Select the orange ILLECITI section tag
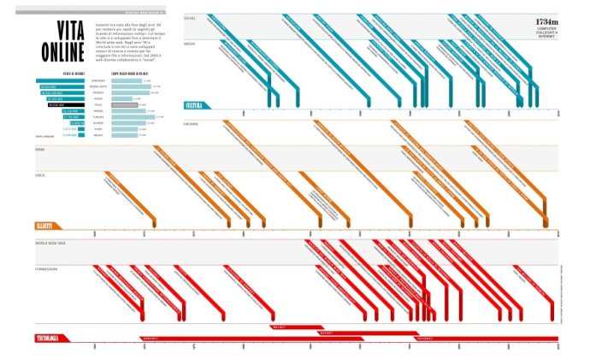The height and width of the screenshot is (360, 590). pyautogui.click(x=45, y=226)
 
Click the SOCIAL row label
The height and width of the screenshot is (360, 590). pyautogui.click(x=190, y=17)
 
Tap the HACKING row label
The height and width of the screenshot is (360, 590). pyautogui.click(x=191, y=124)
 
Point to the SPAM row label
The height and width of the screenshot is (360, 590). pyautogui.click(x=39, y=149)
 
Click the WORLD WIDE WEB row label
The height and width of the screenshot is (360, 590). pyautogui.click(x=50, y=243)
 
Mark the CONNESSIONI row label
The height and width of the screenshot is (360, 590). pyautogui.click(x=47, y=269)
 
